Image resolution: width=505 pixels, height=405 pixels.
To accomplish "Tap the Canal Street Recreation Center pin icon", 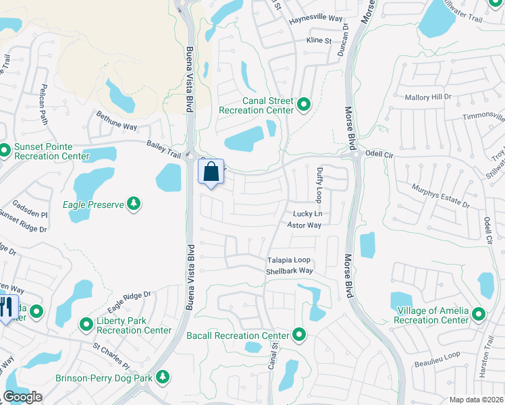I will [304, 105].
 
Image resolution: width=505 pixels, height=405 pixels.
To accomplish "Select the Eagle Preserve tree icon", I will [134, 202].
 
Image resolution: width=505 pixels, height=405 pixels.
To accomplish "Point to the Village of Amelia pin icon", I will [479, 314].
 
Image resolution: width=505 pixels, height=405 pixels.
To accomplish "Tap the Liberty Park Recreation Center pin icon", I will [86, 325].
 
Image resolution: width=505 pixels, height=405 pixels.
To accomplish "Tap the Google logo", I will [22, 397].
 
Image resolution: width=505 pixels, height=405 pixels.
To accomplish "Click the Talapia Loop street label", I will [288, 260].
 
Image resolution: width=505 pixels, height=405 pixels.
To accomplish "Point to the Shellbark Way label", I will [290, 271].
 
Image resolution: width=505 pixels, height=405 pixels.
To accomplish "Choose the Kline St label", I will [319, 41].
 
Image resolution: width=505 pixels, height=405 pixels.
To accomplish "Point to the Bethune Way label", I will [116, 121].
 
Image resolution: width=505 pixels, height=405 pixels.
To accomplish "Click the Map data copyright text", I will [475, 399].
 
